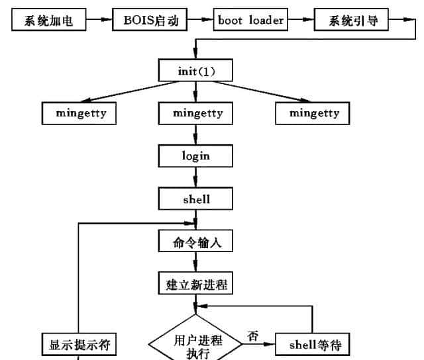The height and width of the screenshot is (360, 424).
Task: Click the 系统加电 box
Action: [x=48, y=21]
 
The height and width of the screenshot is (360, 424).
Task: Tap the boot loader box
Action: [x=250, y=21]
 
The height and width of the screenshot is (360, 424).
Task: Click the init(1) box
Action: [x=195, y=69]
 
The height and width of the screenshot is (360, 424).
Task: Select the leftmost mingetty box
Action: [x=78, y=113]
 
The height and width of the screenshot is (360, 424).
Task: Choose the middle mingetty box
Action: [x=196, y=113]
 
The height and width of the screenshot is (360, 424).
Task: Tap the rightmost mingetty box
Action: [x=314, y=113]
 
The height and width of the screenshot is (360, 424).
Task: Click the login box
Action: [x=195, y=156]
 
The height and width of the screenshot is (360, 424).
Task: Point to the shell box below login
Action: [x=195, y=199]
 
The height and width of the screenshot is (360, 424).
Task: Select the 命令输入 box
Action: [x=195, y=242]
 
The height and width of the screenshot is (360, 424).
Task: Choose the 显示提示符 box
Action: [x=79, y=344]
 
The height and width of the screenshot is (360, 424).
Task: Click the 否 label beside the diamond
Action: [x=252, y=336]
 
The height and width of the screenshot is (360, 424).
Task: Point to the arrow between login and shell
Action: [x=195, y=177]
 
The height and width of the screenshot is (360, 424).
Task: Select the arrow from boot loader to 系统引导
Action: [x=301, y=21]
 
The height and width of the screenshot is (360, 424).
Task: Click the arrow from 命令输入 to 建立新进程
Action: [x=195, y=263]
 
